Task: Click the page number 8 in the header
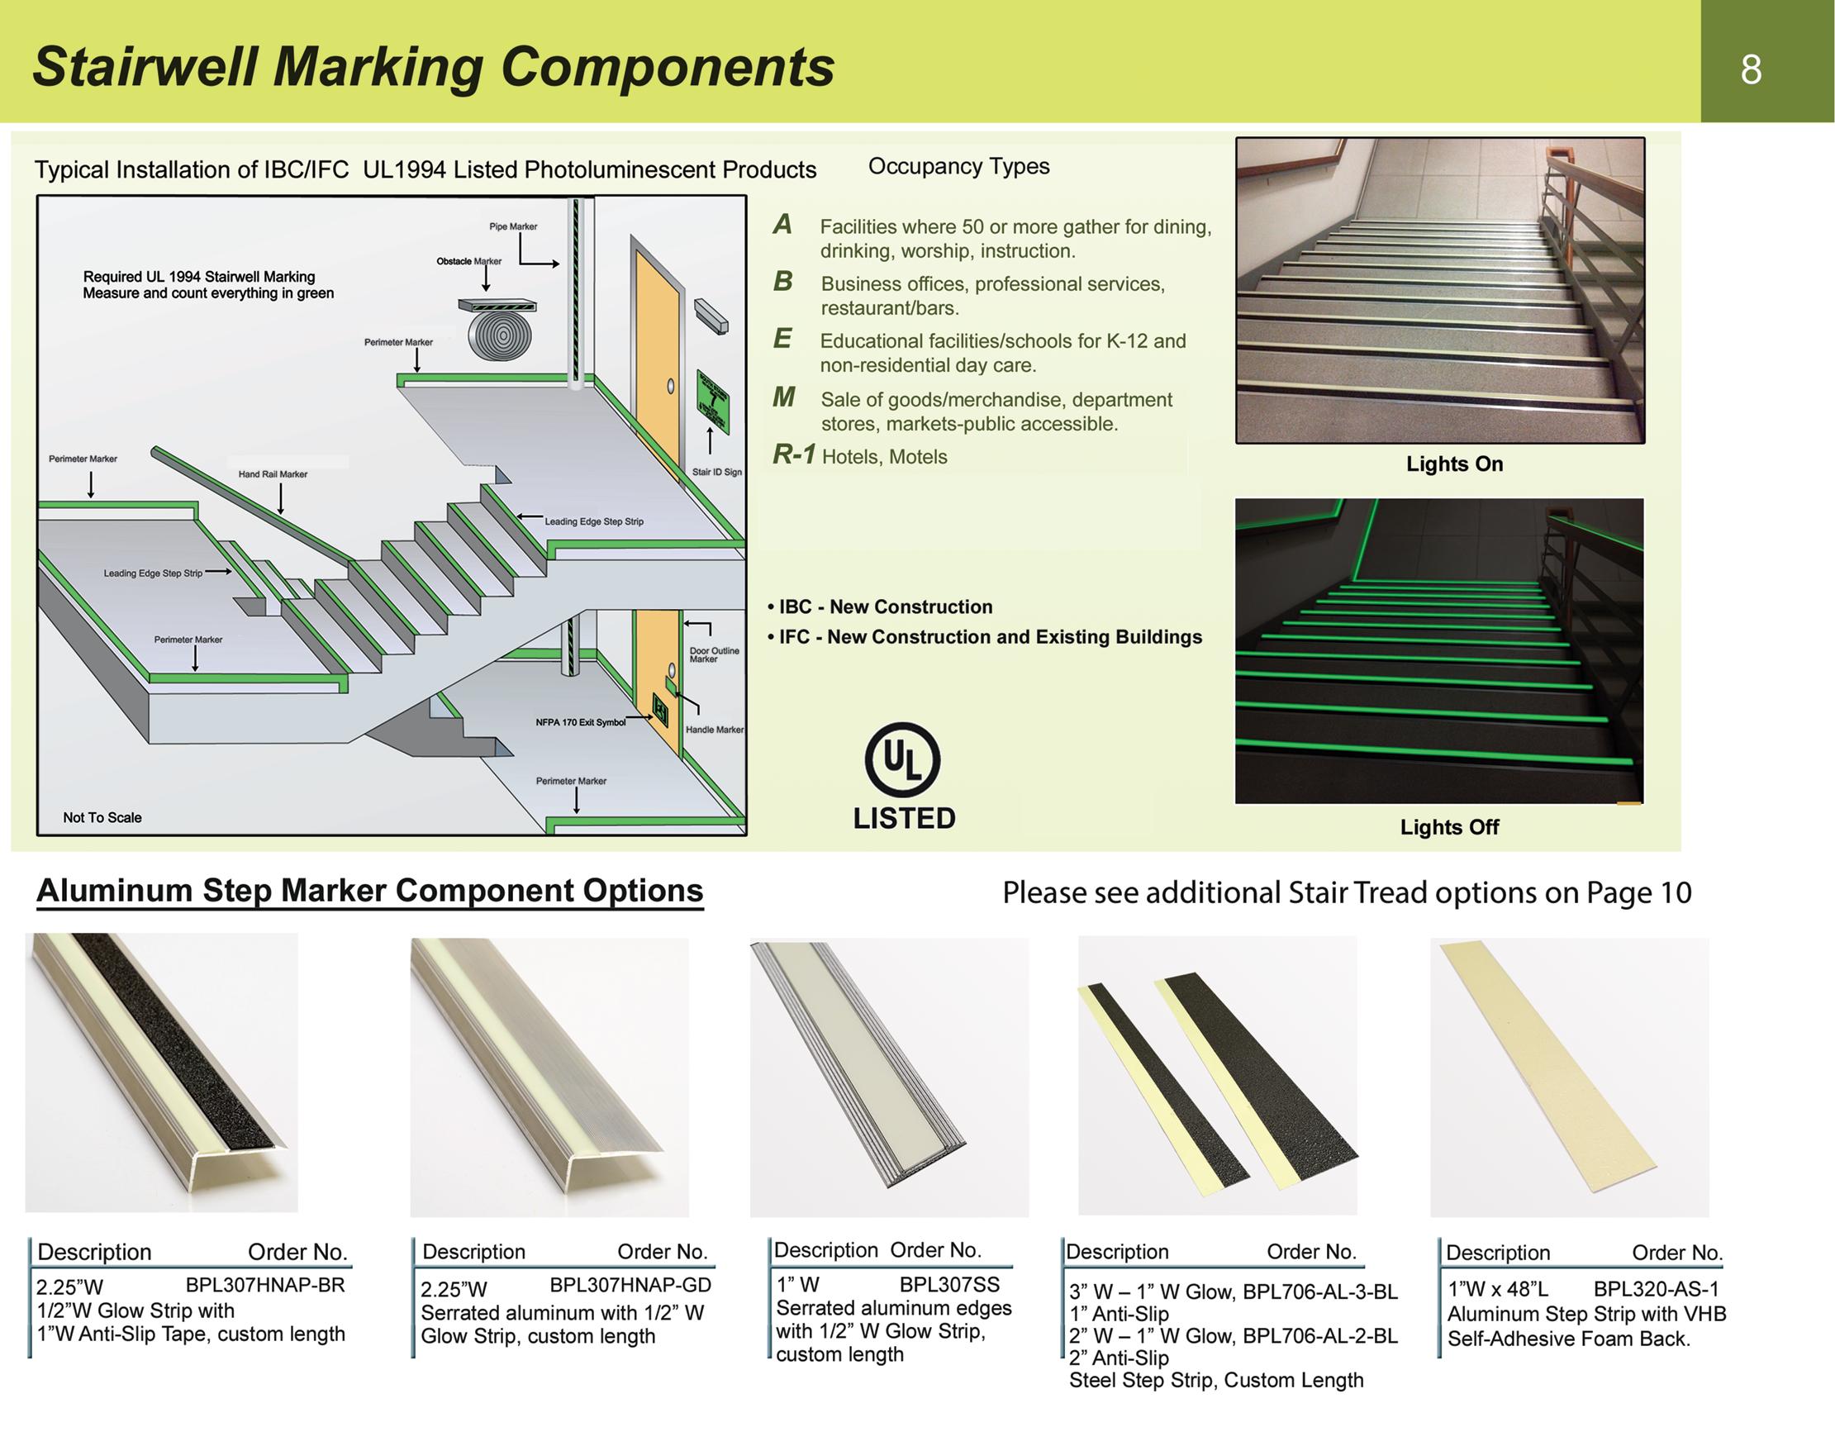point(1751,69)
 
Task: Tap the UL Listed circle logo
point(902,759)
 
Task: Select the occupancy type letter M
point(784,397)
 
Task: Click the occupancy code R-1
point(794,454)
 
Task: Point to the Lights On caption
point(1454,464)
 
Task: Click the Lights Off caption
point(1449,827)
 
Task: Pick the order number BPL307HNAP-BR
point(265,1285)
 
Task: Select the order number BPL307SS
point(948,1284)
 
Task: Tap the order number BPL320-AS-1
point(1656,1289)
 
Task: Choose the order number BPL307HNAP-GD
point(630,1285)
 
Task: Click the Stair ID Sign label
point(716,473)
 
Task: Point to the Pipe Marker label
point(513,227)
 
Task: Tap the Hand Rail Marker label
point(273,474)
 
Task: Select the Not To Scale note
point(102,818)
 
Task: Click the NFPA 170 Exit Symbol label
point(581,723)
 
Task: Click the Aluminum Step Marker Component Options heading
point(370,892)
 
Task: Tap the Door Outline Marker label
point(714,654)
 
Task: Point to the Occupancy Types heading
point(958,167)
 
